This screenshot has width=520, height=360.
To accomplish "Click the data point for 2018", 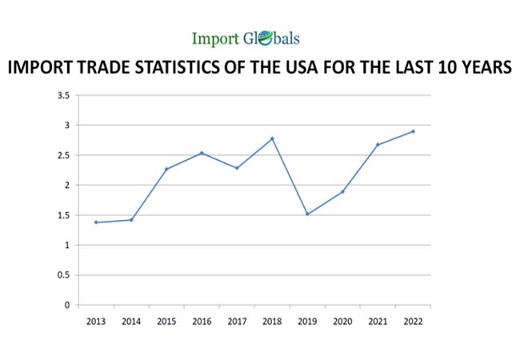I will [x=272, y=138].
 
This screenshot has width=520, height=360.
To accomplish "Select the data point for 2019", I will [x=307, y=214].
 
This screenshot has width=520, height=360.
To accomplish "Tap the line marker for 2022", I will [x=413, y=131].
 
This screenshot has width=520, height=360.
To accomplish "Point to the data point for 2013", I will [x=96, y=222].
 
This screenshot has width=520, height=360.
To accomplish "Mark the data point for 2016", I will [x=202, y=153].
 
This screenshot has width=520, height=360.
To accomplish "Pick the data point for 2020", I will [x=342, y=192].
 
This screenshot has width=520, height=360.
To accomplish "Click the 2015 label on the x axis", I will [x=166, y=321].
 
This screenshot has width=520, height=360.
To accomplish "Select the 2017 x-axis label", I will [x=237, y=321].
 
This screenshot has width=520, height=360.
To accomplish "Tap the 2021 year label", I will [x=378, y=321].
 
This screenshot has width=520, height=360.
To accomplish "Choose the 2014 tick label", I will [x=131, y=321].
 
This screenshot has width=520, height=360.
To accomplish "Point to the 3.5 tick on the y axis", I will [x=63, y=95].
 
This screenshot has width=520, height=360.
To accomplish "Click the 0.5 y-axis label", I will [x=63, y=275].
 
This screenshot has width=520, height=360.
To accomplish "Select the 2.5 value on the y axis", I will [x=63, y=155].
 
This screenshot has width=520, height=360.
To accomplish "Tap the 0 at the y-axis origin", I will [x=68, y=305].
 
